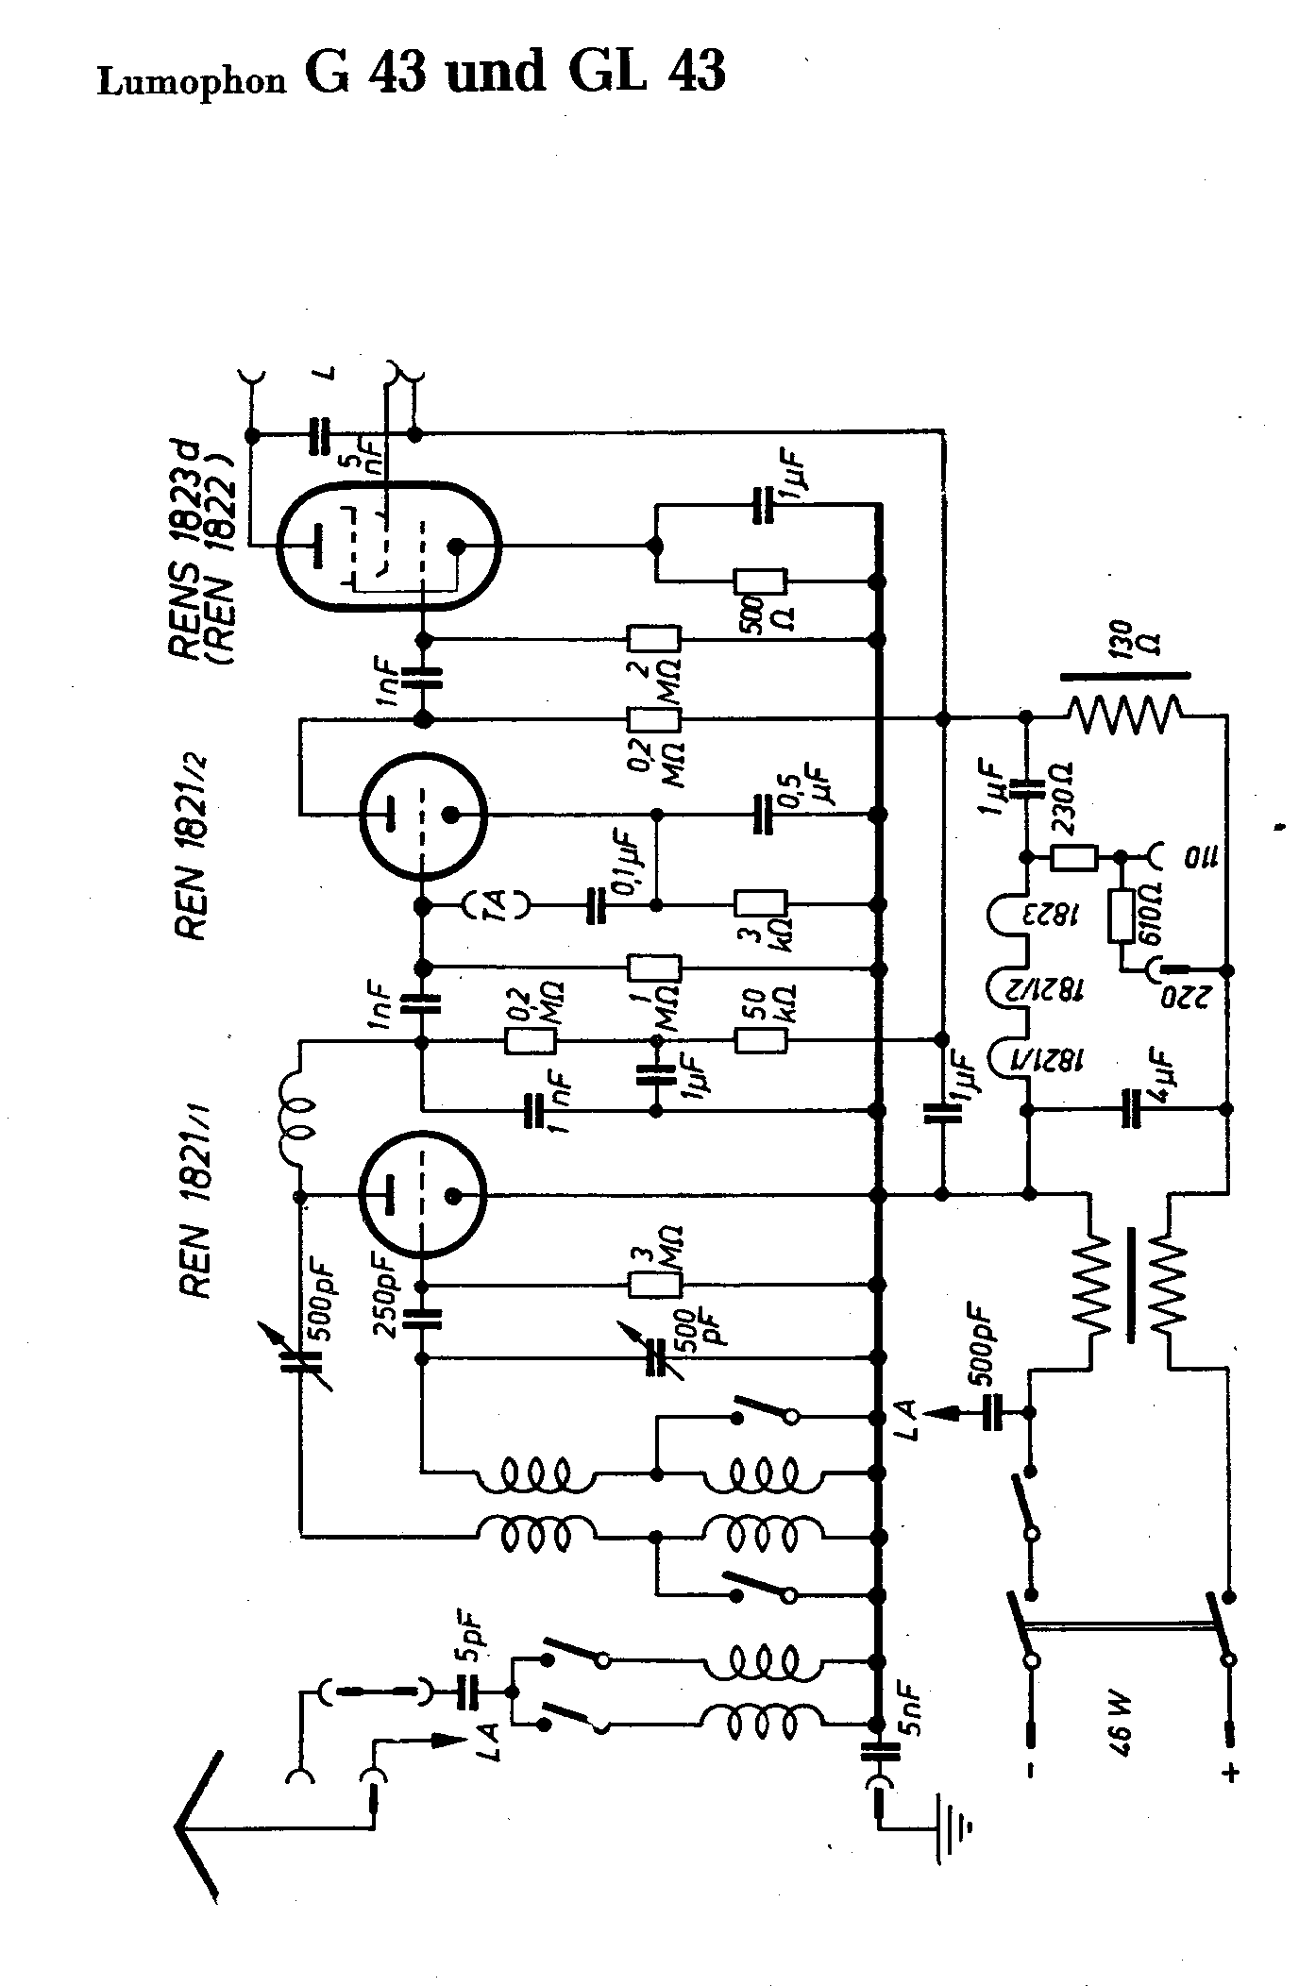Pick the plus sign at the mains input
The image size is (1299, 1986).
[1231, 1773]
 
